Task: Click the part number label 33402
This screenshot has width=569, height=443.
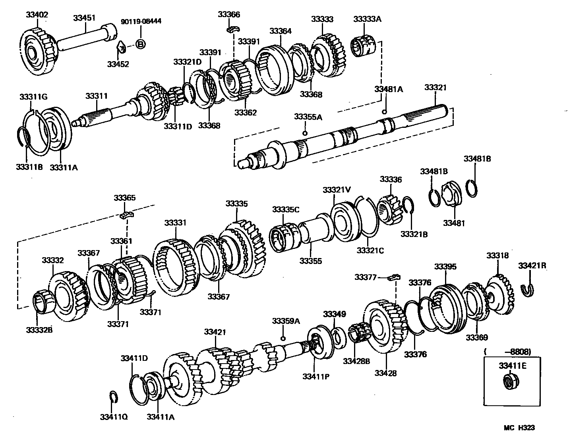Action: [37, 15]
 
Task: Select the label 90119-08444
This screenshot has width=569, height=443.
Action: [141, 21]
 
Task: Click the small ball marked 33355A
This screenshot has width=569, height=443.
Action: [305, 133]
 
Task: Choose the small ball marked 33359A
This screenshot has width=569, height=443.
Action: [283, 338]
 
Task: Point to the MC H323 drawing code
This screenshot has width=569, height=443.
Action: [519, 428]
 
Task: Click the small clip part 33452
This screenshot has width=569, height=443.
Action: [120, 48]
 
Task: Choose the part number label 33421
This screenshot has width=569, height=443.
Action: [215, 331]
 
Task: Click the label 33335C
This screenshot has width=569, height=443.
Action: [286, 209]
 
